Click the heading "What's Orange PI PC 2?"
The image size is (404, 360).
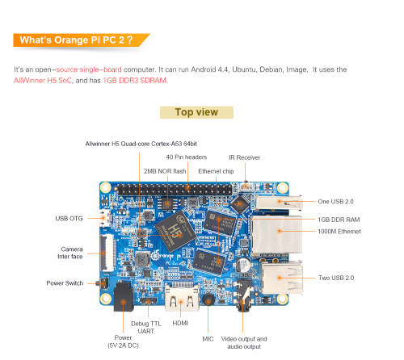pyautogui.click(x=81, y=40)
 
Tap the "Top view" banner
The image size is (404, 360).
pyautogui.click(x=196, y=112)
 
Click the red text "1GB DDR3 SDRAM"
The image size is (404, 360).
pyautogui.click(x=135, y=81)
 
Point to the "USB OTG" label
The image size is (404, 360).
pyautogui.click(x=69, y=218)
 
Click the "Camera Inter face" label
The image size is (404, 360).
pyautogui.click(x=71, y=253)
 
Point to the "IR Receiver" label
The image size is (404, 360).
pyautogui.click(x=243, y=157)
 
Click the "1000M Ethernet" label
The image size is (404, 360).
pyautogui.click(x=339, y=231)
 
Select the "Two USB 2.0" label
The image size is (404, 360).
pyautogui.click(x=336, y=278)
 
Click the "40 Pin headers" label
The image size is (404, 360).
pyautogui.click(x=187, y=157)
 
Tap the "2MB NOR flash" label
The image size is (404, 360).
pyautogui.click(x=165, y=171)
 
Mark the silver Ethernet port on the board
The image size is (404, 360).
pyautogui.click(x=275, y=233)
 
